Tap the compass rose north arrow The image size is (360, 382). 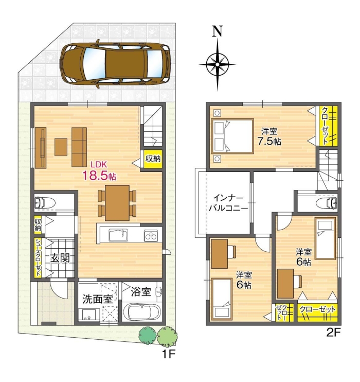(218, 65)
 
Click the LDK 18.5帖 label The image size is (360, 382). (100, 171)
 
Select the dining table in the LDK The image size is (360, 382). (117, 202)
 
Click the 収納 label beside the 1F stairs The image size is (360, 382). (152, 159)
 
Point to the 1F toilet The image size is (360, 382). (46, 202)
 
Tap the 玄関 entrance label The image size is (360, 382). (60, 257)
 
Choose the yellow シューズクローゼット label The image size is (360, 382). (39, 258)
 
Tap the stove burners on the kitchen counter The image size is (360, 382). (151, 236)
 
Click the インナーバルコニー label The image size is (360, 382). (227, 203)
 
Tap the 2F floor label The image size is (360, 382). (334, 333)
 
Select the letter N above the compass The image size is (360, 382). (218, 31)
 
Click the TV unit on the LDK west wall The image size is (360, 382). (41, 147)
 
